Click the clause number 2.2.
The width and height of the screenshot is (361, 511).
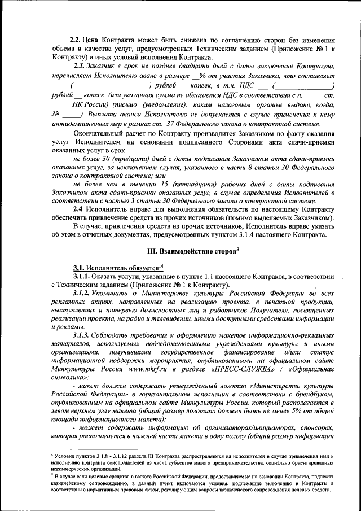pos(74,40)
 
